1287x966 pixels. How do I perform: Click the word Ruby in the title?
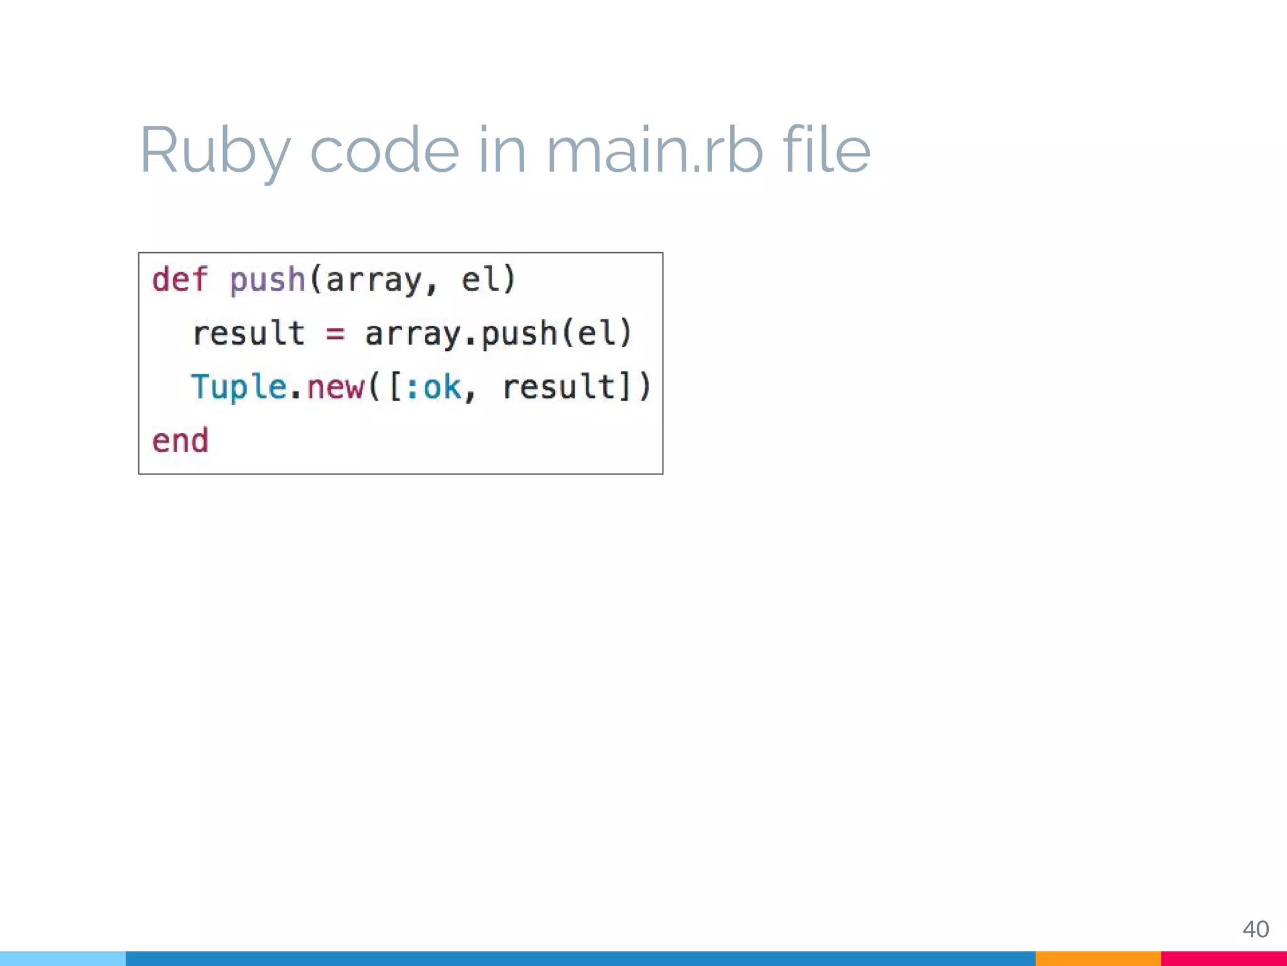coord(214,151)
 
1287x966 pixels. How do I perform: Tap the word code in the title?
coord(385,151)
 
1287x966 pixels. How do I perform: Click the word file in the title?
coord(826,151)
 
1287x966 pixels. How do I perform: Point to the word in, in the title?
coord(501,151)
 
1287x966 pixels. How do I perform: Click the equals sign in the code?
coord(335,334)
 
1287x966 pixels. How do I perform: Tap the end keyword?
coord(180,440)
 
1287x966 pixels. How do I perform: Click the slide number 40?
coord(1256,929)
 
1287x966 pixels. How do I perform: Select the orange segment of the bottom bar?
coord(1098,958)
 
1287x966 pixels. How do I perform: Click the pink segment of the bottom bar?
coord(1224,958)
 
